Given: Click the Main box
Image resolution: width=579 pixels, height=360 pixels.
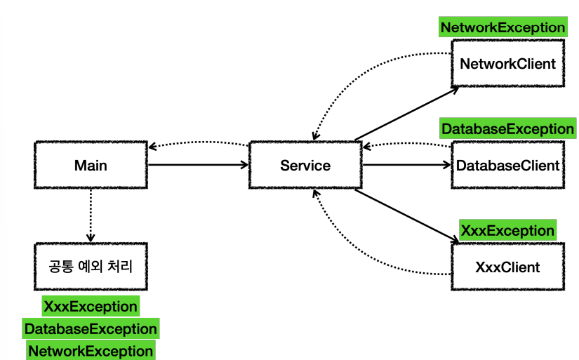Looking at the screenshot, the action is point(91,165).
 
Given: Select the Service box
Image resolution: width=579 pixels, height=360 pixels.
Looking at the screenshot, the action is point(305,165).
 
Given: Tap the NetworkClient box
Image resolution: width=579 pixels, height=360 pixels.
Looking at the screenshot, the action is point(507,63).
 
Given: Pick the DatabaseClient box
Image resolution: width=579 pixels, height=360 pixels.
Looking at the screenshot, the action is point(507,165).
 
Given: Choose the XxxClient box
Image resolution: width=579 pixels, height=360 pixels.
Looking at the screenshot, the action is point(507,267).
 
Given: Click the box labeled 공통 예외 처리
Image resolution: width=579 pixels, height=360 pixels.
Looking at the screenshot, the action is point(91,267).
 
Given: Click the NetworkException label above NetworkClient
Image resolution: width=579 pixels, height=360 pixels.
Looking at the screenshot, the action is point(503,27).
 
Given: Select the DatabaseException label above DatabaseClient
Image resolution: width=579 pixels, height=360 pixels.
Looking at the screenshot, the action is point(507,128).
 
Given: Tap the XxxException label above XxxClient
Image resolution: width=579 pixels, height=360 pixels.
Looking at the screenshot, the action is point(507,230).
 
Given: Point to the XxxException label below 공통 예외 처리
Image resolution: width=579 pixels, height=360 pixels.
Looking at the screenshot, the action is point(91,306).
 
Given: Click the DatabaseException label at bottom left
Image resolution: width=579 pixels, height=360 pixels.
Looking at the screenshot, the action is point(91,328).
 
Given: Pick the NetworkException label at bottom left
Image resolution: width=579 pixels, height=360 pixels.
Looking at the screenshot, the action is point(91,350).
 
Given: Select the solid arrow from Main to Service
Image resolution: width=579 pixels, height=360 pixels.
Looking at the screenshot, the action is point(199,165).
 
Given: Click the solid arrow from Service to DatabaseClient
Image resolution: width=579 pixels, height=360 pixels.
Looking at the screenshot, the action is point(407,165).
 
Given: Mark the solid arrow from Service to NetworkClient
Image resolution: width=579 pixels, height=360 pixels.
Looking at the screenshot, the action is point(407,114).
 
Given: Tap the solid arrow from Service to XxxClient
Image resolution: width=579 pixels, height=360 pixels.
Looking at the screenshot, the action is point(407,215).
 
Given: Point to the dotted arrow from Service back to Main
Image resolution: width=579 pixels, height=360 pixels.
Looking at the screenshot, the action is point(199,142).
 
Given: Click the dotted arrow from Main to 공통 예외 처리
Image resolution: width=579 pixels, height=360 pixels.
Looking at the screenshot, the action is point(91,215).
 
